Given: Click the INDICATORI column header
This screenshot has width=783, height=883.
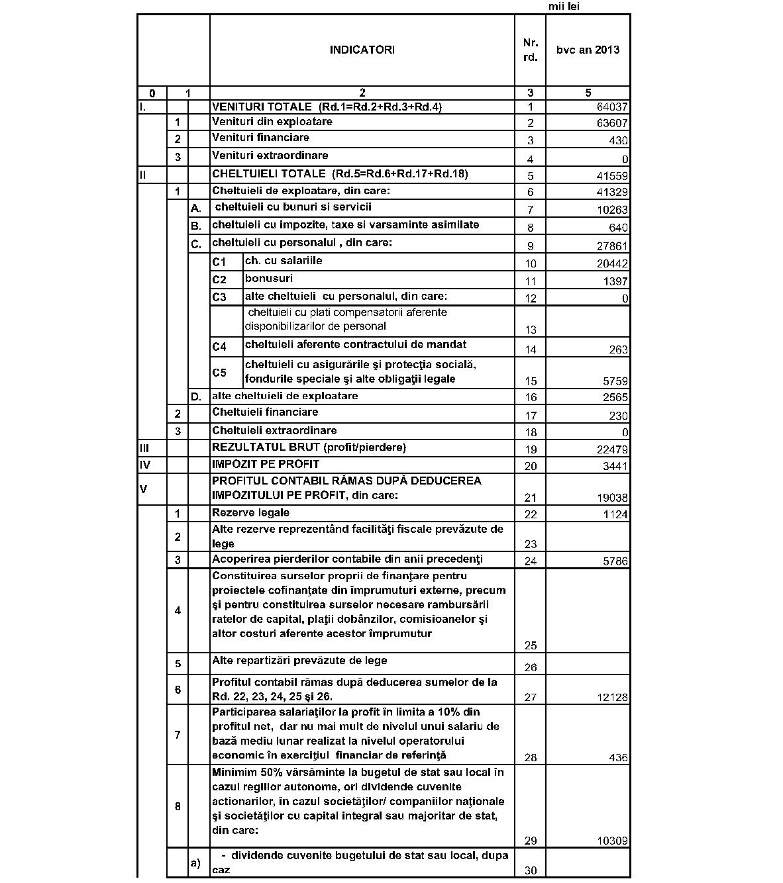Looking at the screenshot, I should pos(362,50).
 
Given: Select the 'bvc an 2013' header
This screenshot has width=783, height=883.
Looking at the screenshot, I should pos(588,50).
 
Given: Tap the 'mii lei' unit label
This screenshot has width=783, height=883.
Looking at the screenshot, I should pos(564,7).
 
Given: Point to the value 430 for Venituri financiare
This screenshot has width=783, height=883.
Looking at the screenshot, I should pos(619,141).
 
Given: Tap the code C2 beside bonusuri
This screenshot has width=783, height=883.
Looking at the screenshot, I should pos(219,280).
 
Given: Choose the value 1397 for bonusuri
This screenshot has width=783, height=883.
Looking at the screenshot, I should pos(615,282).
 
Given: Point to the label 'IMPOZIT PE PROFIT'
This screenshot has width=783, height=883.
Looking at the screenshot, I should pos(266,464).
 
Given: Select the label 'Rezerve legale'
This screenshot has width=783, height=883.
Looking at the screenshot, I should pos(250,513).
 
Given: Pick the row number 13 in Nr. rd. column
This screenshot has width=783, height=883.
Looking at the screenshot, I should pos(530,330).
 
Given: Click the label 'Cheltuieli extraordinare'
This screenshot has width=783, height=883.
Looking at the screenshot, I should pos(274,431).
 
